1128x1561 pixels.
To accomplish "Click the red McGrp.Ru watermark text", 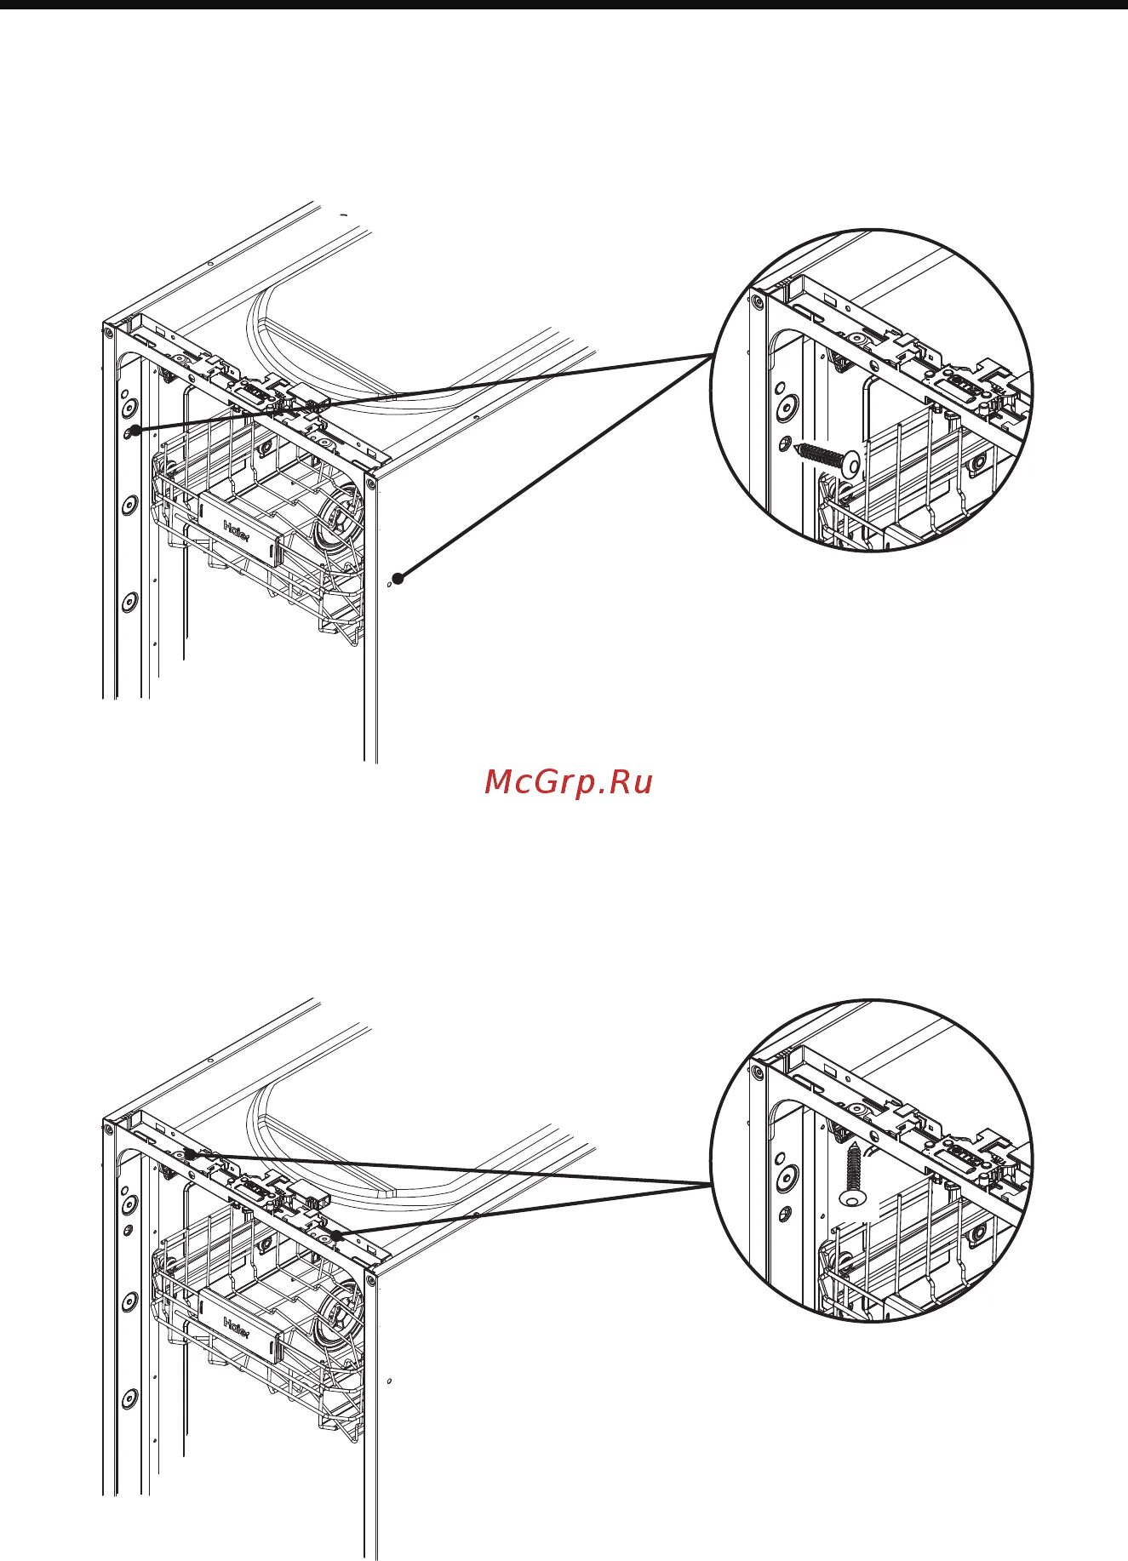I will coord(568,781).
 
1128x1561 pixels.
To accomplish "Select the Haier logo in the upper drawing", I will coord(236,529).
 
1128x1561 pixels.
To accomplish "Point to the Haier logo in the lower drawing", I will coord(236,1327).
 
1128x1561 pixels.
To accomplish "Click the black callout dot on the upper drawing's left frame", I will coord(135,431).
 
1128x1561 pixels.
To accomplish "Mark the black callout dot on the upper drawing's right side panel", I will coord(398,579).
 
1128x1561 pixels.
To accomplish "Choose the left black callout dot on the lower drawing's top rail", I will coord(191,1154).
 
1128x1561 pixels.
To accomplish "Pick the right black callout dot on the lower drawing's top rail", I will coord(336,1235).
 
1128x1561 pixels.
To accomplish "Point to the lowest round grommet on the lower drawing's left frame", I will coord(129,1398).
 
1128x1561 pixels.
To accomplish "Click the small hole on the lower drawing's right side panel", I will coord(389,1381).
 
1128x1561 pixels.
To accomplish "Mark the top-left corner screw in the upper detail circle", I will coord(757,300).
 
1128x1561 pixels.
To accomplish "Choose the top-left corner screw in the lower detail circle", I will coord(757,1071).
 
